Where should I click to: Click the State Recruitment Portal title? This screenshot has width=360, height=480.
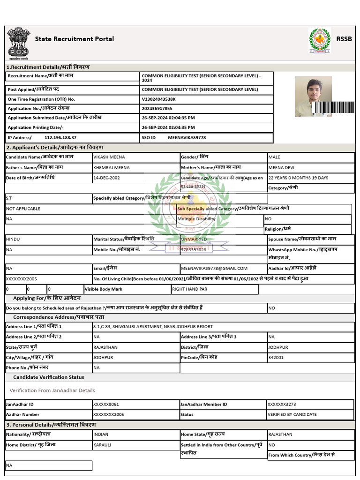point(74,39)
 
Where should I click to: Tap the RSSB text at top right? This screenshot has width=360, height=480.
point(344,39)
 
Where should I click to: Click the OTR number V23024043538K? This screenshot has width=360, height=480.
point(158,99)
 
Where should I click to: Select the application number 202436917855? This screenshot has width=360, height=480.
point(157,109)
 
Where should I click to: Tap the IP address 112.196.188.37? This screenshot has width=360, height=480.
point(60,138)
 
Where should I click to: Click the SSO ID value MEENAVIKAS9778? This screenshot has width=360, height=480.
point(187,138)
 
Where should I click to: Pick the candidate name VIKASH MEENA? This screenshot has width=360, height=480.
point(109,157)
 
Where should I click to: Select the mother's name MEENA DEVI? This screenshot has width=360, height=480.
point(281,168)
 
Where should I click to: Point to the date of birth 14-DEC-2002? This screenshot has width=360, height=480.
point(106,178)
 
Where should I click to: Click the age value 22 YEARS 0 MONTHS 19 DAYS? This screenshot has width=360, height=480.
point(298,178)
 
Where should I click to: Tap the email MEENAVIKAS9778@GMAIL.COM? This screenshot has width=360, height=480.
point(214,269)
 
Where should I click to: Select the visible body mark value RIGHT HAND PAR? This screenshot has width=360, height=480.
point(190,289)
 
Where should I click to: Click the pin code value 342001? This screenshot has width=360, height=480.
point(276,358)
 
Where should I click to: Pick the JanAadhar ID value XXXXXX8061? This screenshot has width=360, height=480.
point(106,404)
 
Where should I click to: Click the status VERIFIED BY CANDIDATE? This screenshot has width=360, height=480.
point(292,414)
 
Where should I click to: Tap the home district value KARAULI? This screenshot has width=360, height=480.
point(102,445)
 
